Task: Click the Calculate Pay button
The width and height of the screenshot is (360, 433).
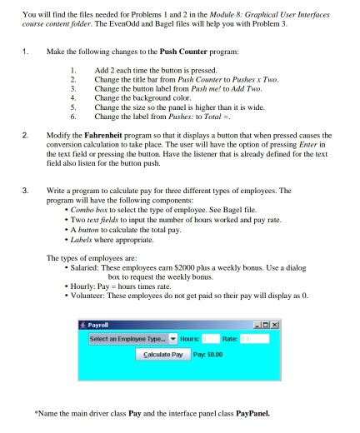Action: click(161, 353)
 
